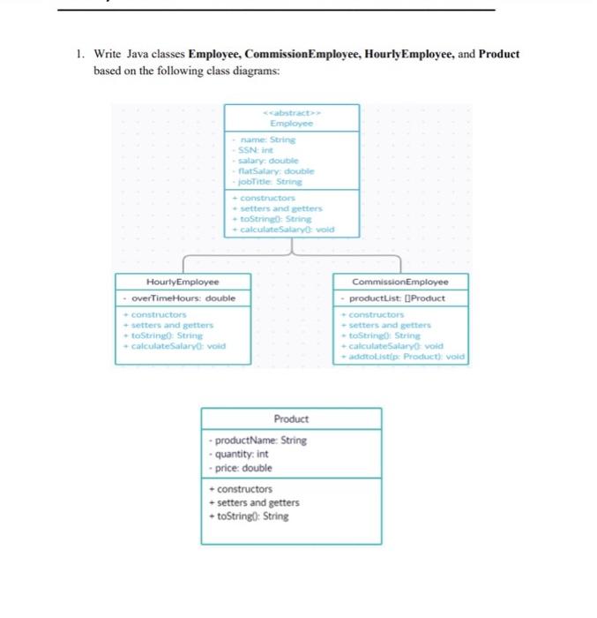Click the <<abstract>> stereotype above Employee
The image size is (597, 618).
click(291, 112)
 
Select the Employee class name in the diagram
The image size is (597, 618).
click(291, 124)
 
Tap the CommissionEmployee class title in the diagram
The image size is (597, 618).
click(400, 282)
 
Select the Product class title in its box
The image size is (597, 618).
click(291, 418)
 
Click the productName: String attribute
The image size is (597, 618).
click(257, 440)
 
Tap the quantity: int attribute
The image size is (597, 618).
click(238, 454)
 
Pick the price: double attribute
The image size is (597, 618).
click(240, 468)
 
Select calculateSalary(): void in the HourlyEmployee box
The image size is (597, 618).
click(175, 346)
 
